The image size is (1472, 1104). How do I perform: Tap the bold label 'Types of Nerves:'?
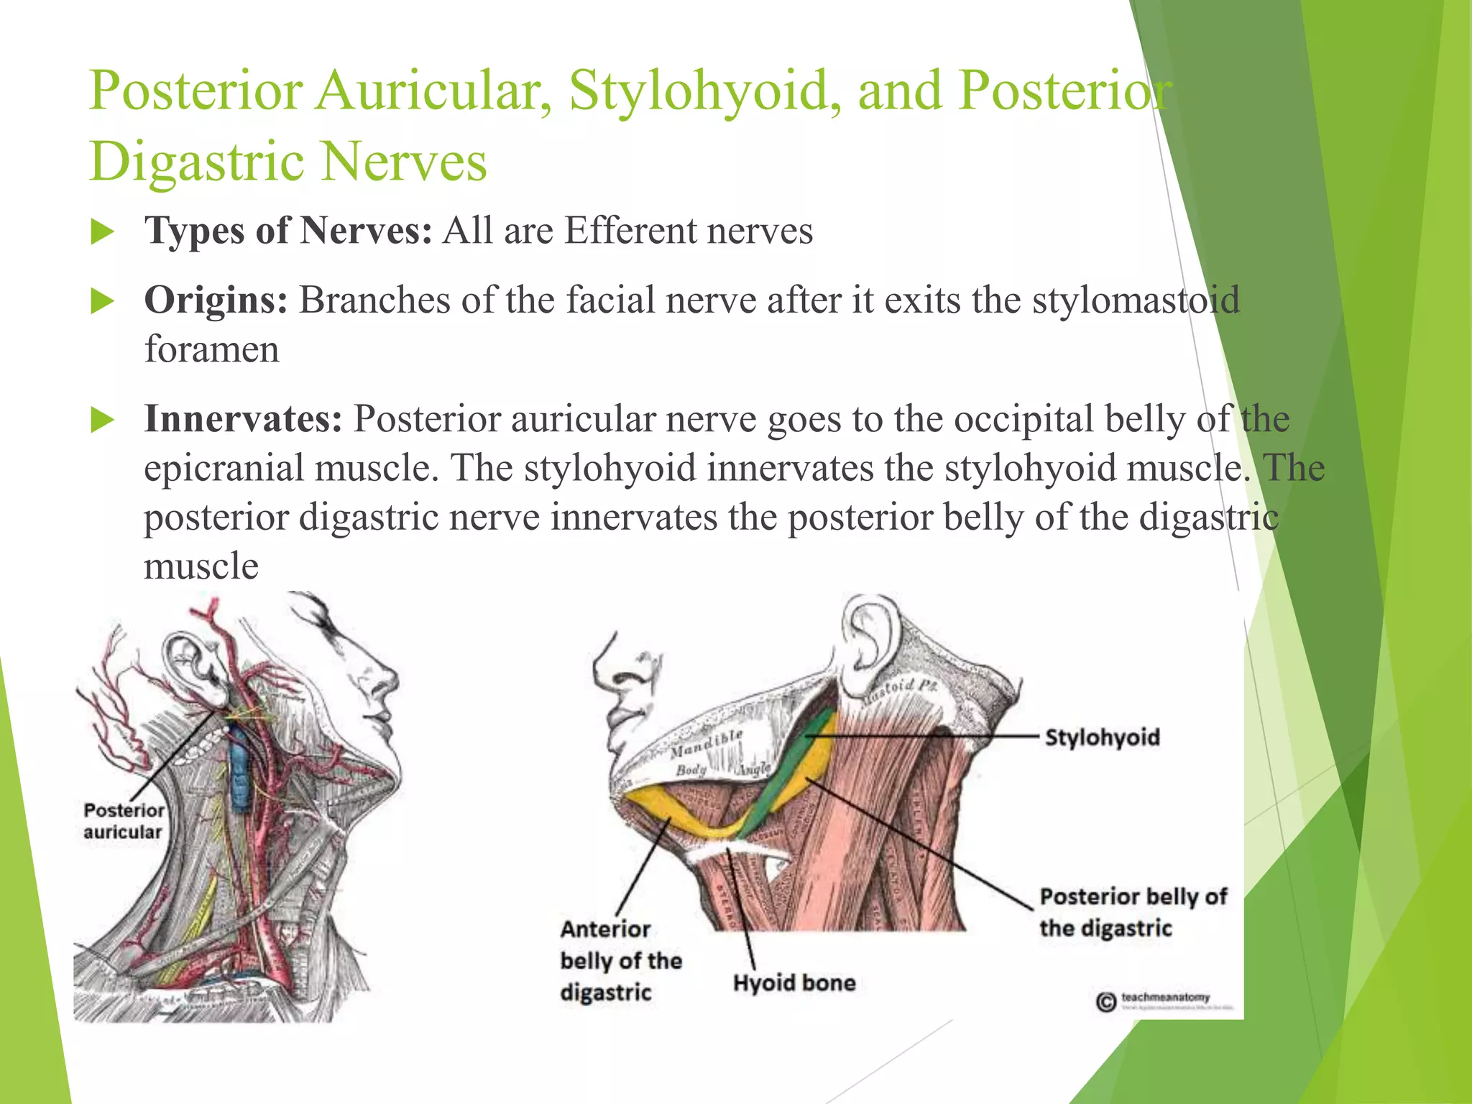pos(287,231)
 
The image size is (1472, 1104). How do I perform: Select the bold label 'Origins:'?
pos(216,300)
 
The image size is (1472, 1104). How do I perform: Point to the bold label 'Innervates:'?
pos(243,419)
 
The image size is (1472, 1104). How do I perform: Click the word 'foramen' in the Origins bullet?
pos(211,350)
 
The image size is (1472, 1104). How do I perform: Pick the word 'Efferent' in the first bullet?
pos(630,231)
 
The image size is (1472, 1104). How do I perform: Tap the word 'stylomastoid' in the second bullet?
pos(1136,300)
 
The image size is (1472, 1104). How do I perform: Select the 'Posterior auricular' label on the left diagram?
pos(124,821)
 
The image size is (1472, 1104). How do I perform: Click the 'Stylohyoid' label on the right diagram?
pos(1102,737)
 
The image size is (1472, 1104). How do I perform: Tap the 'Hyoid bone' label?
pos(794,983)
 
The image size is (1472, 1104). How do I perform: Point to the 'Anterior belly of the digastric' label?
pos(620,960)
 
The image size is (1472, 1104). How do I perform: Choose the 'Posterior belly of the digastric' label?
pos(1133,912)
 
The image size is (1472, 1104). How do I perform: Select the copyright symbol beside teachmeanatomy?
pos(1106,1001)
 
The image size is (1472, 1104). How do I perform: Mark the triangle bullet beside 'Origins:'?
pos(103,302)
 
